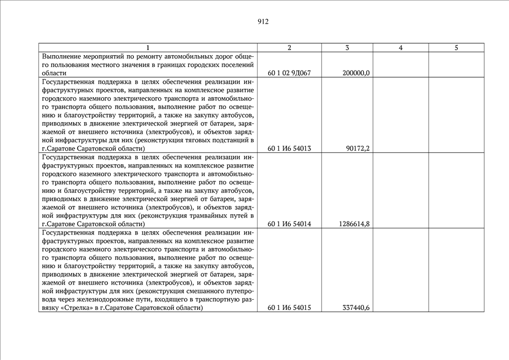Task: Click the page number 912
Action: [263, 22]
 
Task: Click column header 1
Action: [148, 48]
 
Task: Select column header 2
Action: [289, 48]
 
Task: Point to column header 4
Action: [400, 48]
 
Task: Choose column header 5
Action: [456, 48]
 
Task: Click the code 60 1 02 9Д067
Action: [290, 73]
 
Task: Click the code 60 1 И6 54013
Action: [290, 148]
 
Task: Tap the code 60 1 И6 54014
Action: [290, 224]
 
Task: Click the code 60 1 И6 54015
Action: [290, 308]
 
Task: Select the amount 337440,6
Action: [355, 308]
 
